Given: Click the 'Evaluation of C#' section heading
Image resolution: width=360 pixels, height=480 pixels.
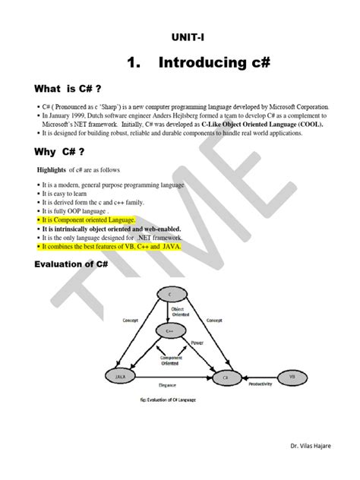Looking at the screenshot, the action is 73,264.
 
